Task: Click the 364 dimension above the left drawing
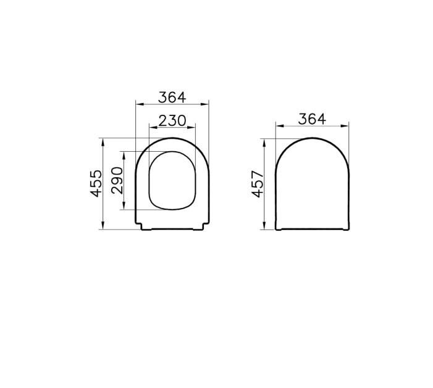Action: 172,97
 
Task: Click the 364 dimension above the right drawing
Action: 312,119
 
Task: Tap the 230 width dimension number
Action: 172,120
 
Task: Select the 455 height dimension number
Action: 96,183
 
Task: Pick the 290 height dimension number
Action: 117,180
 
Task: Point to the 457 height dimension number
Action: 258,184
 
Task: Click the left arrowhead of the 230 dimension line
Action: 153,128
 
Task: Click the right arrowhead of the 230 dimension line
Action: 191,128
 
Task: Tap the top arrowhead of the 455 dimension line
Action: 103,142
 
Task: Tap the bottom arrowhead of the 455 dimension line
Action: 103,225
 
